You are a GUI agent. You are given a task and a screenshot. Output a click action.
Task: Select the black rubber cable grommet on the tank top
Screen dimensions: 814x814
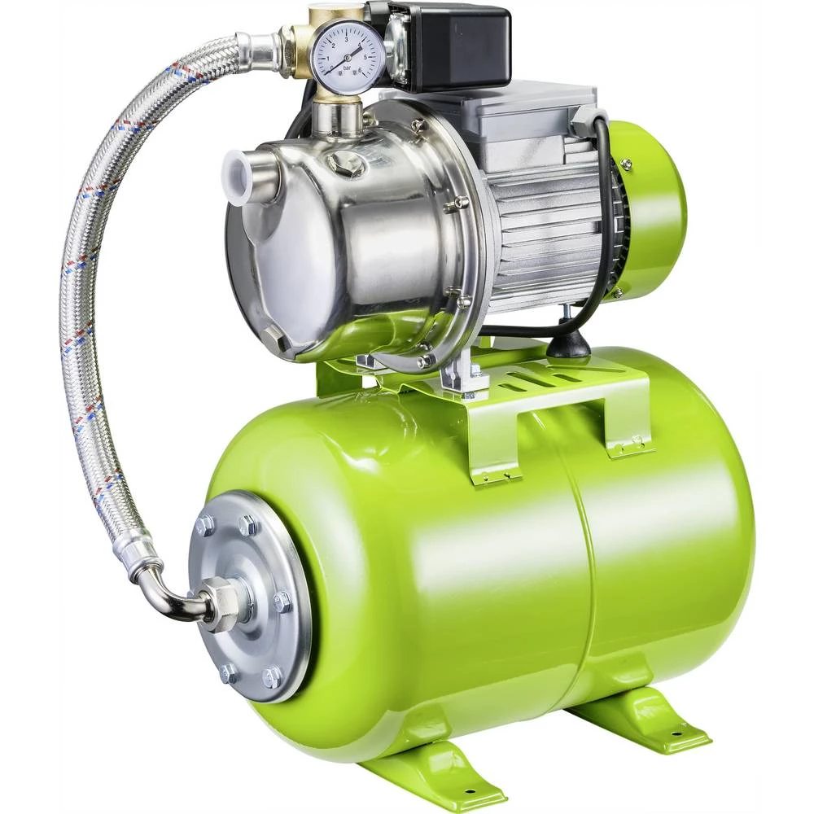[x=567, y=345]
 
